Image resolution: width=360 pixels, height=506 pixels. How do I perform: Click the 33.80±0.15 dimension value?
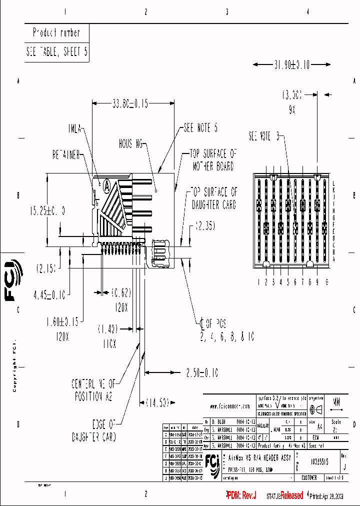point(130,104)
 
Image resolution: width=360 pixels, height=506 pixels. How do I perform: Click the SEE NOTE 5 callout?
point(200,128)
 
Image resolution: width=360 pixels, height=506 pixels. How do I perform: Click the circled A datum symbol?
point(106,185)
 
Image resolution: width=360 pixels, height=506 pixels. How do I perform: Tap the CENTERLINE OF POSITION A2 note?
point(93,389)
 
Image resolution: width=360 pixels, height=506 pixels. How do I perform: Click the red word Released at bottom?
point(291,495)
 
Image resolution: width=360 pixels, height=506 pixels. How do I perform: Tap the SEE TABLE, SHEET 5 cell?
point(57,51)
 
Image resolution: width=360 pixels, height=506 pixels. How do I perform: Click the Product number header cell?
point(56,32)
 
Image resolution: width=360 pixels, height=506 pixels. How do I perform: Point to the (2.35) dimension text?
point(205,226)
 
